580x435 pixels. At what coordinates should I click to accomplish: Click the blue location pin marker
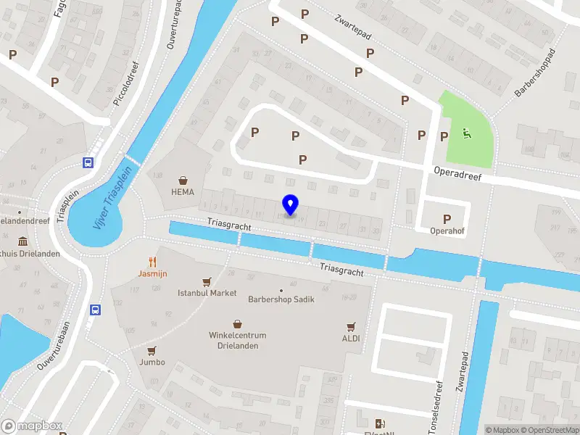tap(290, 205)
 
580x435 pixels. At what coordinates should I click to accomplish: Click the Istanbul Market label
tap(207, 293)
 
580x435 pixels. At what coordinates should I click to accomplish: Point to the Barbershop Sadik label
tap(281, 299)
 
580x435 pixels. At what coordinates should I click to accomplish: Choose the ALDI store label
tap(351, 338)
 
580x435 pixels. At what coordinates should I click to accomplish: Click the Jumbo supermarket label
tap(152, 362)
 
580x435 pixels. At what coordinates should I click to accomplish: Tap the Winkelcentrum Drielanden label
tap(238, 340)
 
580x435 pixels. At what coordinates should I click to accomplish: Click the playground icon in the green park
tap(465, 133)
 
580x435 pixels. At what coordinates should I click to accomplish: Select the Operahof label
tap(447, 233)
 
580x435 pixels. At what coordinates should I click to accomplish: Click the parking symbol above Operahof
tap(447, 219)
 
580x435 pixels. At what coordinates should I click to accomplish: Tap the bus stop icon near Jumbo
tap(95, 310)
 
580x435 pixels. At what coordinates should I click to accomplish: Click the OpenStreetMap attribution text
tap(550, 430)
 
